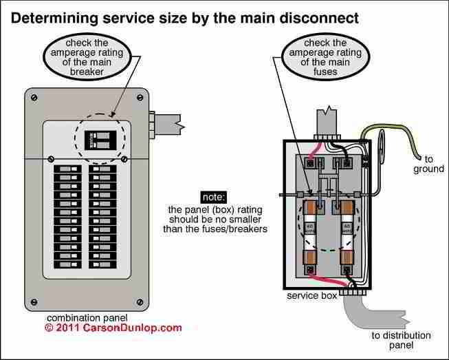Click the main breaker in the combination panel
click(99, 140)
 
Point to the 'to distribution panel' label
click(402, 341)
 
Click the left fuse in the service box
click(311, 228)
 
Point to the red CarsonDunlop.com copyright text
click(113, 328)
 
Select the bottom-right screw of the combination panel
click(140, 301)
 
